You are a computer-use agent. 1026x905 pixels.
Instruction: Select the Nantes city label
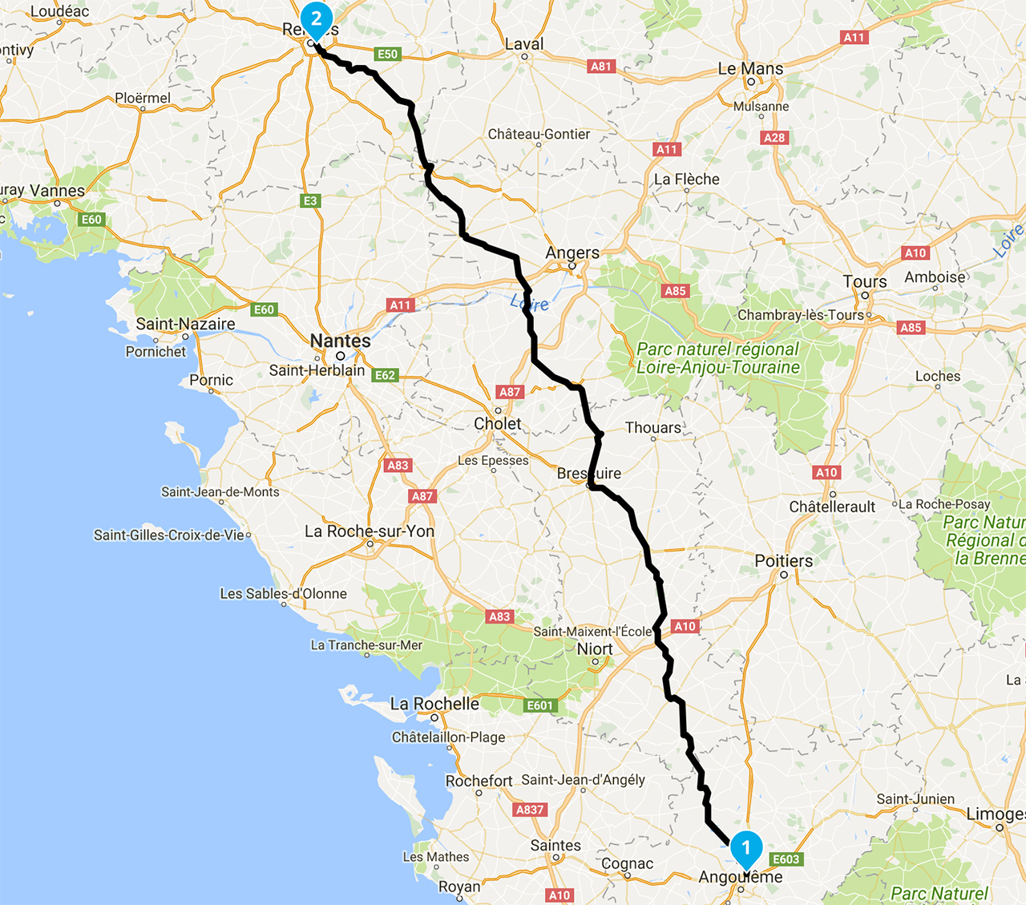[341, 341]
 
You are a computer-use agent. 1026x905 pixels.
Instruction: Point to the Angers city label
[572, 253]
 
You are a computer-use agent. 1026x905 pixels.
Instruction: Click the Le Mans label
[750, 69]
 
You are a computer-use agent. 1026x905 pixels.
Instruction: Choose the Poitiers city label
[783, 561]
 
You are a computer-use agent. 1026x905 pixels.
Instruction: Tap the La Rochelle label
[434, 704]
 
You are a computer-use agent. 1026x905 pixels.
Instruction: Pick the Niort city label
[595, 649]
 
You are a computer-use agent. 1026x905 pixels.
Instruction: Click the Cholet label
[497, 423]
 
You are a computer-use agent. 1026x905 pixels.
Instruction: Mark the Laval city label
[524, 45]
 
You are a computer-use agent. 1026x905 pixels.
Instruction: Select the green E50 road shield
[387, 54]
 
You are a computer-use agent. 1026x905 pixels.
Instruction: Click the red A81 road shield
[601, 67]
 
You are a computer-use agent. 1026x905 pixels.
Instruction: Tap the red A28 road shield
[774, 137]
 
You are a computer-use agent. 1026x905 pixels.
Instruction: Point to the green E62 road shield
[386, 375]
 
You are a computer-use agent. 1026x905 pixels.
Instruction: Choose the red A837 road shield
[530, 810]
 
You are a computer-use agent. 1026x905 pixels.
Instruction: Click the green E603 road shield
[786, 859]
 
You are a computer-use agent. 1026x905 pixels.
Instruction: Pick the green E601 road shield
[539, 705]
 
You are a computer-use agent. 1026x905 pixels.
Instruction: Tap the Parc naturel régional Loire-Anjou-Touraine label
[718, 358]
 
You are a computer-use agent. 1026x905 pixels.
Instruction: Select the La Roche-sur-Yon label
[370, 531]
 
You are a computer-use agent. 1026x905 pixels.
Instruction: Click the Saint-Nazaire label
[185, 324]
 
